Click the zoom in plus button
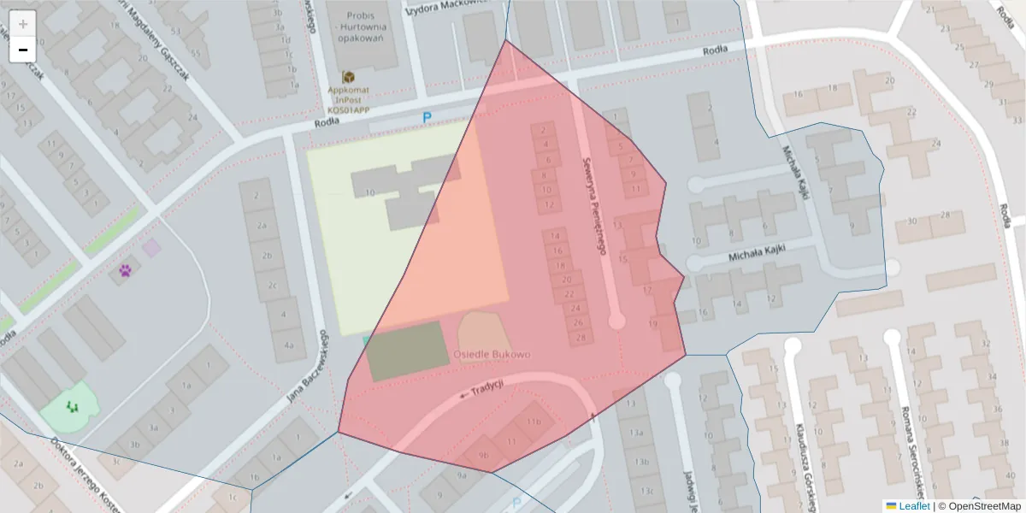coord(23,23)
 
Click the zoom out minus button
coord(23,50)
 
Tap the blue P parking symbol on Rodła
coord(427,117)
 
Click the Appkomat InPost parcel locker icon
coord(349,78)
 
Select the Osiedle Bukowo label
coord(492,354)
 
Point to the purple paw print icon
coord(126,271)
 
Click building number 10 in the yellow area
coord(369,193)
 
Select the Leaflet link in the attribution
coord(914,506)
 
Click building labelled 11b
coord(534,422)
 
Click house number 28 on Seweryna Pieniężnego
coord(581,338)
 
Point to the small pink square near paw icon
coord(151,248)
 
